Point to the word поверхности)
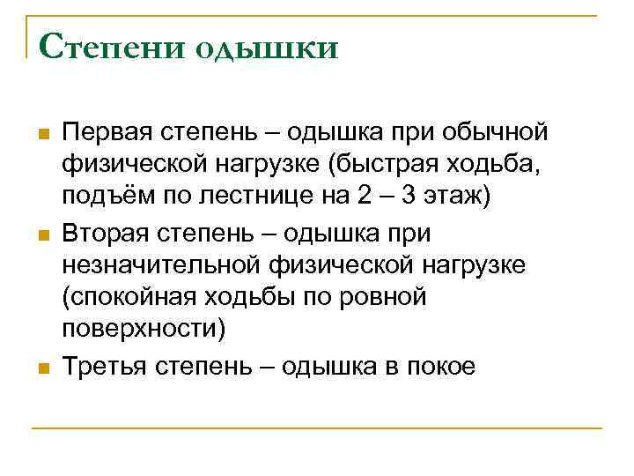[x=144, y=329]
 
